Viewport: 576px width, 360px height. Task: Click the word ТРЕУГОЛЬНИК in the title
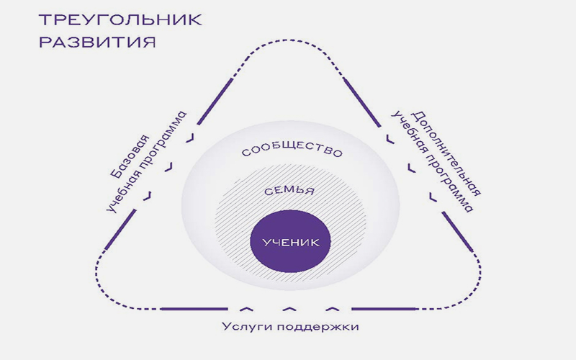point(120,19)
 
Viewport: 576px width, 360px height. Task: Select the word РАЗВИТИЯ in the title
point(97,42)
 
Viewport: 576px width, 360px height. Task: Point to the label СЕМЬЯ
point(289,191)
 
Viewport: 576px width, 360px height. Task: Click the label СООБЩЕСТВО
point(292,150)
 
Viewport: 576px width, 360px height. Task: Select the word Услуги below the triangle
point(246,327)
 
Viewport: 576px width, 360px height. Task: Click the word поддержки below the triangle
point(316,327)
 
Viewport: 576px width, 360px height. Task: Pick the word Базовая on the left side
point(130,157)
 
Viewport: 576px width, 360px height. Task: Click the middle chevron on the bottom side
point(289,309)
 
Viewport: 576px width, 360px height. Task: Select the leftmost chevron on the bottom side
point(246,309)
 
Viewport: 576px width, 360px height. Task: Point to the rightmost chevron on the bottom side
point(333,309)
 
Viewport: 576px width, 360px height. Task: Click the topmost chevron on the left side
point(190,138)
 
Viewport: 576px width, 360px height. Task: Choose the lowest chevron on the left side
point(148,196)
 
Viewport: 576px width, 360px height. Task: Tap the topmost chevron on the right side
point(390,139)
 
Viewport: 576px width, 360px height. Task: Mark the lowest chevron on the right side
point(433,197)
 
